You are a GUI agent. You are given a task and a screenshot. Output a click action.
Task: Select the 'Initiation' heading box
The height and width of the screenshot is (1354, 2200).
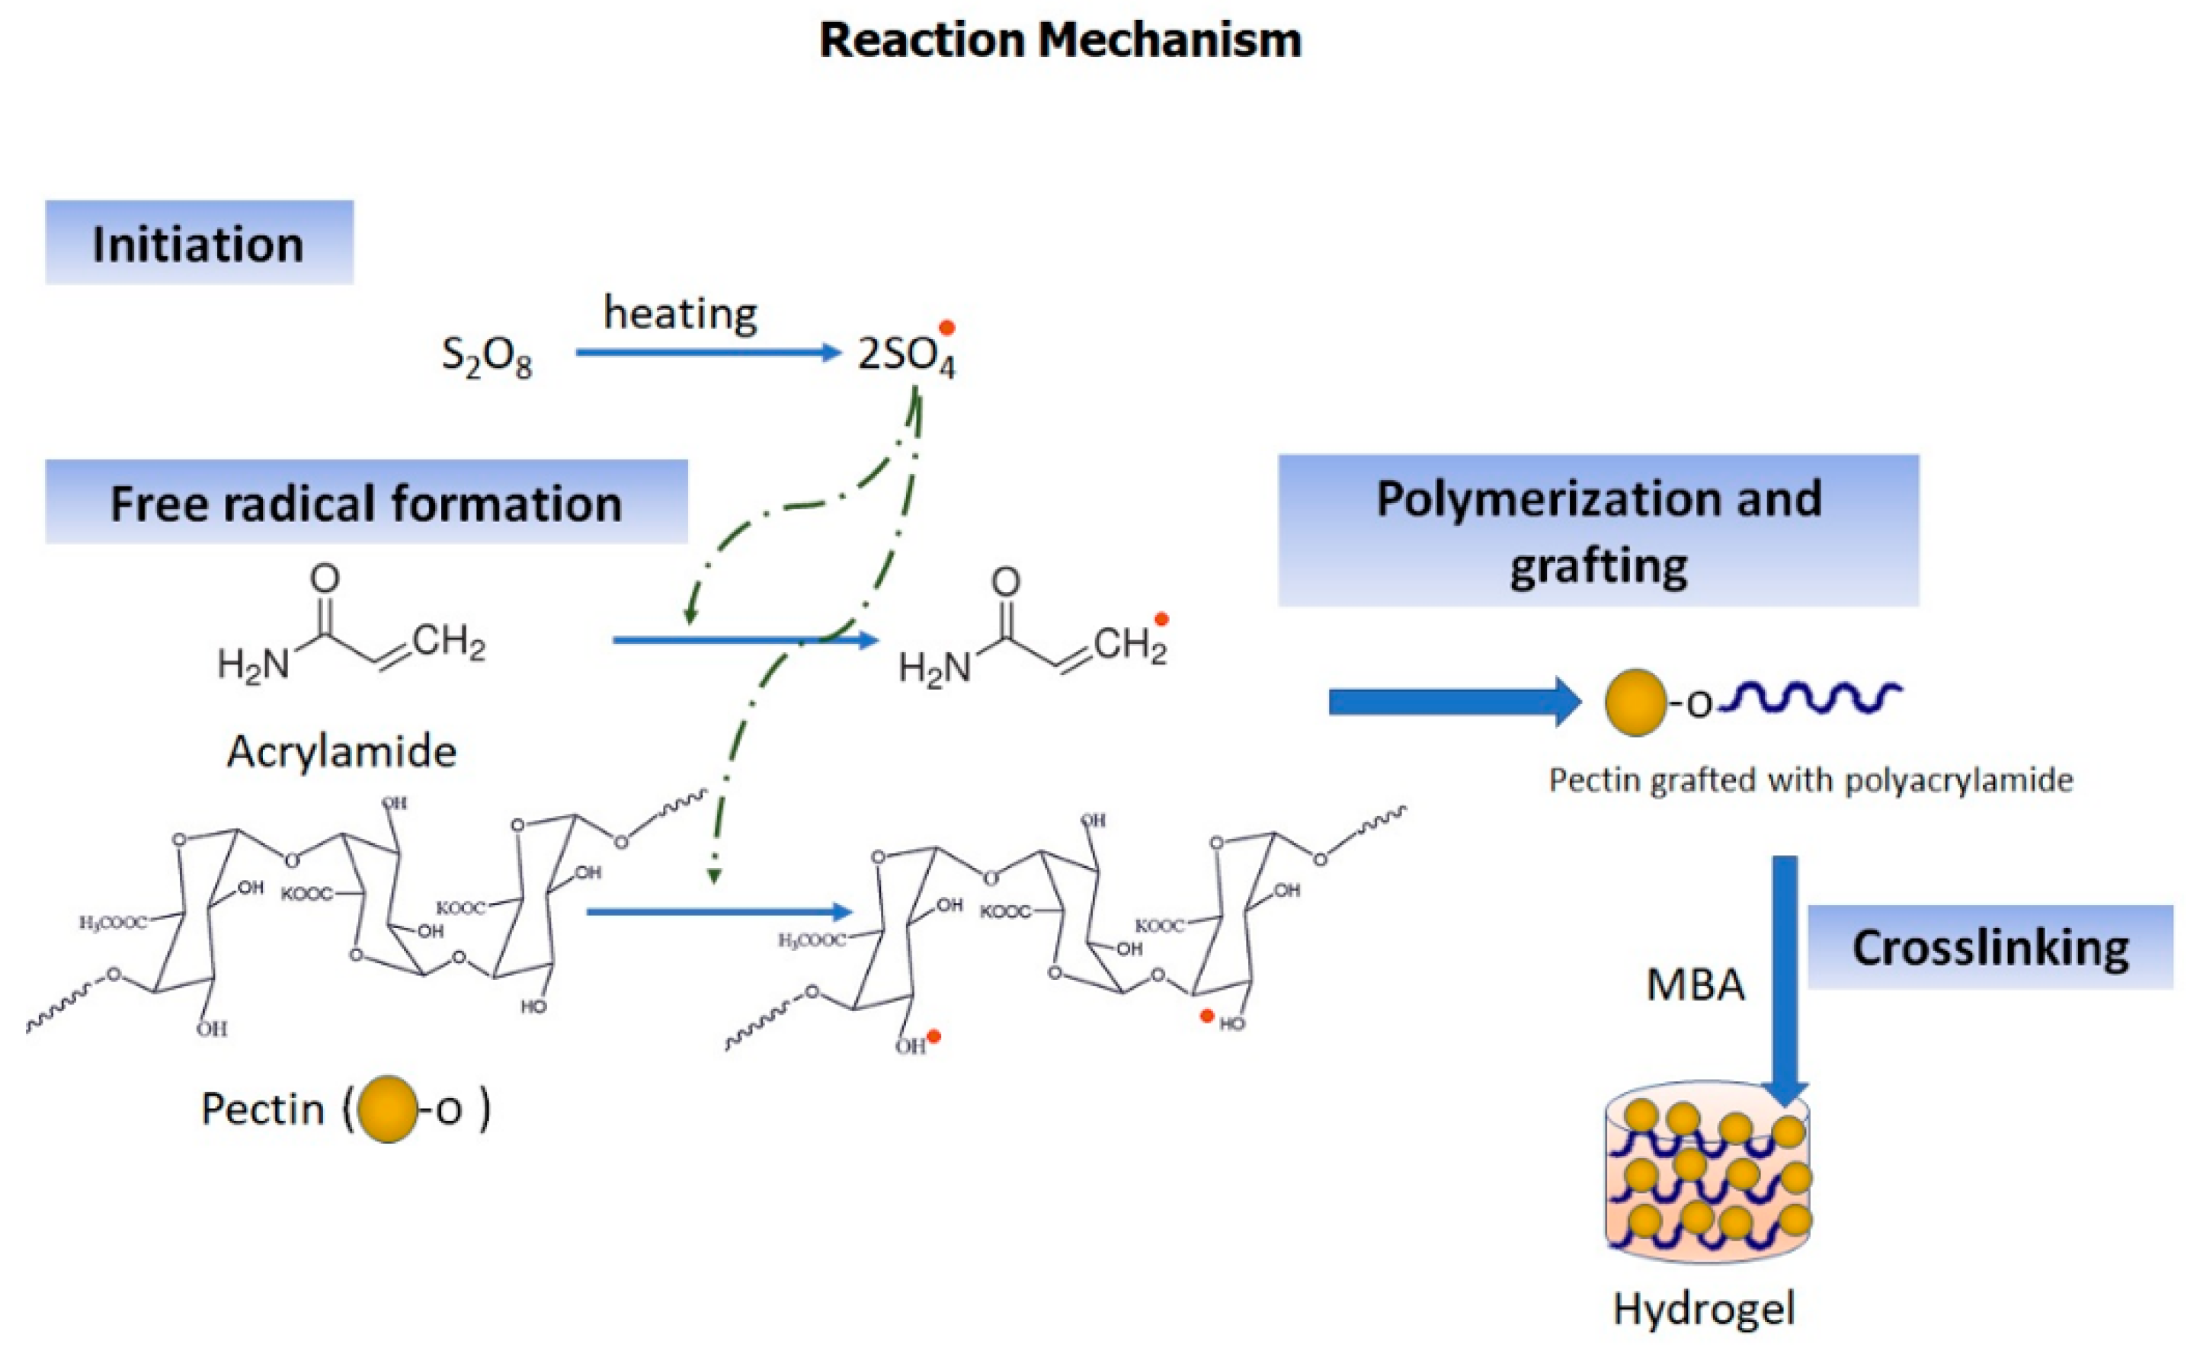click(199, 242)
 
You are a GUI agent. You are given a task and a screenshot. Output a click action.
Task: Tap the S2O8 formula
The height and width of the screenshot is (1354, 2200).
click(486, 357)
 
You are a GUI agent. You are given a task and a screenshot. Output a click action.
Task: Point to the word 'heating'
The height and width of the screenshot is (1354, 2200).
click(680, 313)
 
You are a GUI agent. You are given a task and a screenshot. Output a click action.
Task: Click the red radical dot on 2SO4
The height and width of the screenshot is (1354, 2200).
click(946, 328)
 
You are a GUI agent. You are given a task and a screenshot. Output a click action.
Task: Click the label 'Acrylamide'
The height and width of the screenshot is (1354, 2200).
click(341, 751)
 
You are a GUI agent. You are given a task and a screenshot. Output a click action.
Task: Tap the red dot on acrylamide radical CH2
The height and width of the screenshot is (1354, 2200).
click(1161, 619)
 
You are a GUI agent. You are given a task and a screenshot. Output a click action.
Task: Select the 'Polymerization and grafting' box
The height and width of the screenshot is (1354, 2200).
click(1597, 530)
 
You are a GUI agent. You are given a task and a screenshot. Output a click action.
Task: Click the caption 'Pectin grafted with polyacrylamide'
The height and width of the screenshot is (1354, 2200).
click(1811, 780)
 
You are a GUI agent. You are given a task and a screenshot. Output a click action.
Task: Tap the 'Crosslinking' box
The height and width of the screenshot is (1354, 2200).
click(1990, 947)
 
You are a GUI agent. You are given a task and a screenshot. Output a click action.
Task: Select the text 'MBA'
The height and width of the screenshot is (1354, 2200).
click(1695, 985)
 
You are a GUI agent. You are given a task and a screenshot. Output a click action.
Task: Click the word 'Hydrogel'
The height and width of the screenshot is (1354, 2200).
click(1703, 1309)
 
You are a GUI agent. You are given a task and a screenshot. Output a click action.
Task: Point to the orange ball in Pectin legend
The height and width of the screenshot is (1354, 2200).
click(388, 1109)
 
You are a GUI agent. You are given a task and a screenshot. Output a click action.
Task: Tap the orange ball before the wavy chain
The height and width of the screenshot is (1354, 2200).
click(1635, 702)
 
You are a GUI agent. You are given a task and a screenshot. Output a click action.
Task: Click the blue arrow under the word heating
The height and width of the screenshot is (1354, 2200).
click(707, 352)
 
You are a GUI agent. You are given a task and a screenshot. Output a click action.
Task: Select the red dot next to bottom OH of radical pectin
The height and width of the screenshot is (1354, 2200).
click(934, 1036)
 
